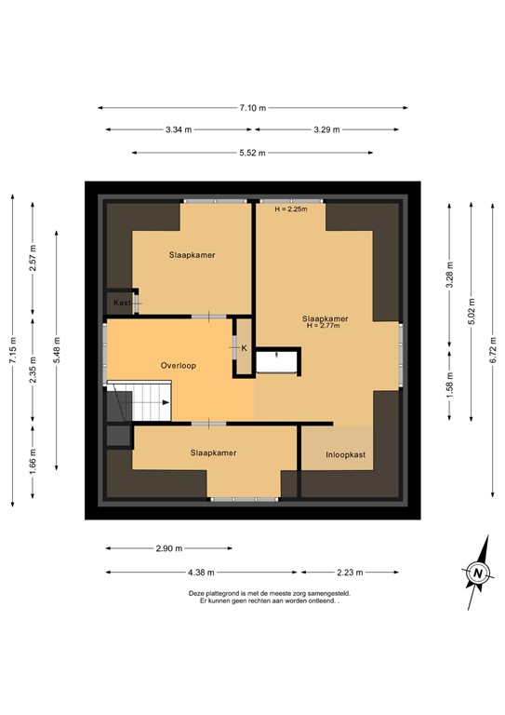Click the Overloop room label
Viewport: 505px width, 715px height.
coord(177,366)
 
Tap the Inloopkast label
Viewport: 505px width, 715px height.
coord(345,455)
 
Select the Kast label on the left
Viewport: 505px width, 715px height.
coord(122,304)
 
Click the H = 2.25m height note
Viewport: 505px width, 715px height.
coord(291,209)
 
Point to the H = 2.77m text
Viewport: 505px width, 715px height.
coord(326,327)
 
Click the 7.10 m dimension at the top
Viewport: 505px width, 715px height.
coord(252,108)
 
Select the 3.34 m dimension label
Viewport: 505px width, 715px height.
coord(179,130)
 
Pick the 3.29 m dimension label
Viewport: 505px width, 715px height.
coord(326,130)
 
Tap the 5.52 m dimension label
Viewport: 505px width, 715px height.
coord(252,153)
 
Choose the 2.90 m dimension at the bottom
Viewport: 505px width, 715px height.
coord(168,548)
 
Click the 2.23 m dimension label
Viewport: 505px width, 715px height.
coord(350,573)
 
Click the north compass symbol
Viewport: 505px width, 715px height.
coord(477,573)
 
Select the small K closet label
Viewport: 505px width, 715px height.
coord(244,348)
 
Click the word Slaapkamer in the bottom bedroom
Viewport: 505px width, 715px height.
coord(213,452)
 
